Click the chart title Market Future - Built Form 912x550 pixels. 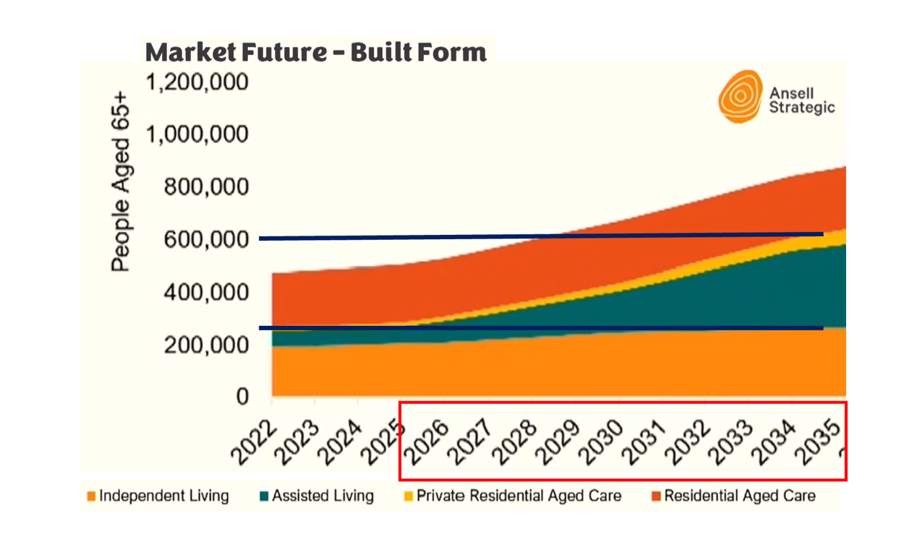click(x=315, y=52)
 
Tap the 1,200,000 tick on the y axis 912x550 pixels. click(x=197, y=82)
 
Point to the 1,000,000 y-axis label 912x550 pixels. click(x=197, y=134)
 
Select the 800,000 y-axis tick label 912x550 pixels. click(x=207, y=187)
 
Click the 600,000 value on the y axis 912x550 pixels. click(x=207, y=239)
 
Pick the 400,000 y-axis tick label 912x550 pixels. click(x=207, y=292)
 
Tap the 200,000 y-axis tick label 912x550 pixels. click(x=207, y=345)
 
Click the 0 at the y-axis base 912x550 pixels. click(x=242, y=397)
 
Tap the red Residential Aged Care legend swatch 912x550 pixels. click(x=656, y=497)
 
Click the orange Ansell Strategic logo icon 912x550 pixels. click(x=740, y=96)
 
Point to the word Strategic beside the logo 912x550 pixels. click(x=802, y=108)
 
